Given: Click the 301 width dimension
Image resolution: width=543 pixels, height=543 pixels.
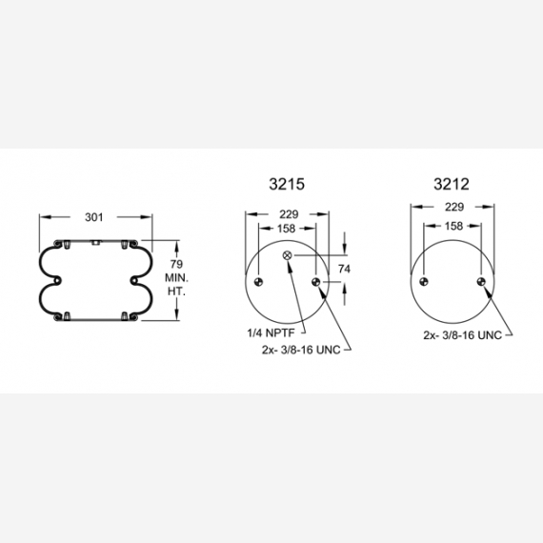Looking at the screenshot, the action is pos(94,217).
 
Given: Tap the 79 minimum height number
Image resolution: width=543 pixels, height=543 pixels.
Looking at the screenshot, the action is pos(176,264).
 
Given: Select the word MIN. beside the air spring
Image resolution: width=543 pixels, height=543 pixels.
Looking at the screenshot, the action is pos(176,278).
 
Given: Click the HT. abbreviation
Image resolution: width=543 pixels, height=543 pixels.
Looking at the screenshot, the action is pos(176,292).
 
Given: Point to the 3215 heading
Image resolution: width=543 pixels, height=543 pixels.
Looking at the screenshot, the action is pos(287,184).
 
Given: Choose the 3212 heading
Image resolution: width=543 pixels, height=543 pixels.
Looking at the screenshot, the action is pos(452,184).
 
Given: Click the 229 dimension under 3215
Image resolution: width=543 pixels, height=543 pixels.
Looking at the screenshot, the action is pos(289,214).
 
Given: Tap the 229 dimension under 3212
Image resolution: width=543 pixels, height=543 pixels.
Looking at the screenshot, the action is pos(454,207).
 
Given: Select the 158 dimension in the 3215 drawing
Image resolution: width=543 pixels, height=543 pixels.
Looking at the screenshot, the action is pos(287,229).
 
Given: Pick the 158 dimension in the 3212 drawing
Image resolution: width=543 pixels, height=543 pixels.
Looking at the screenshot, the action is pos(453,226).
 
